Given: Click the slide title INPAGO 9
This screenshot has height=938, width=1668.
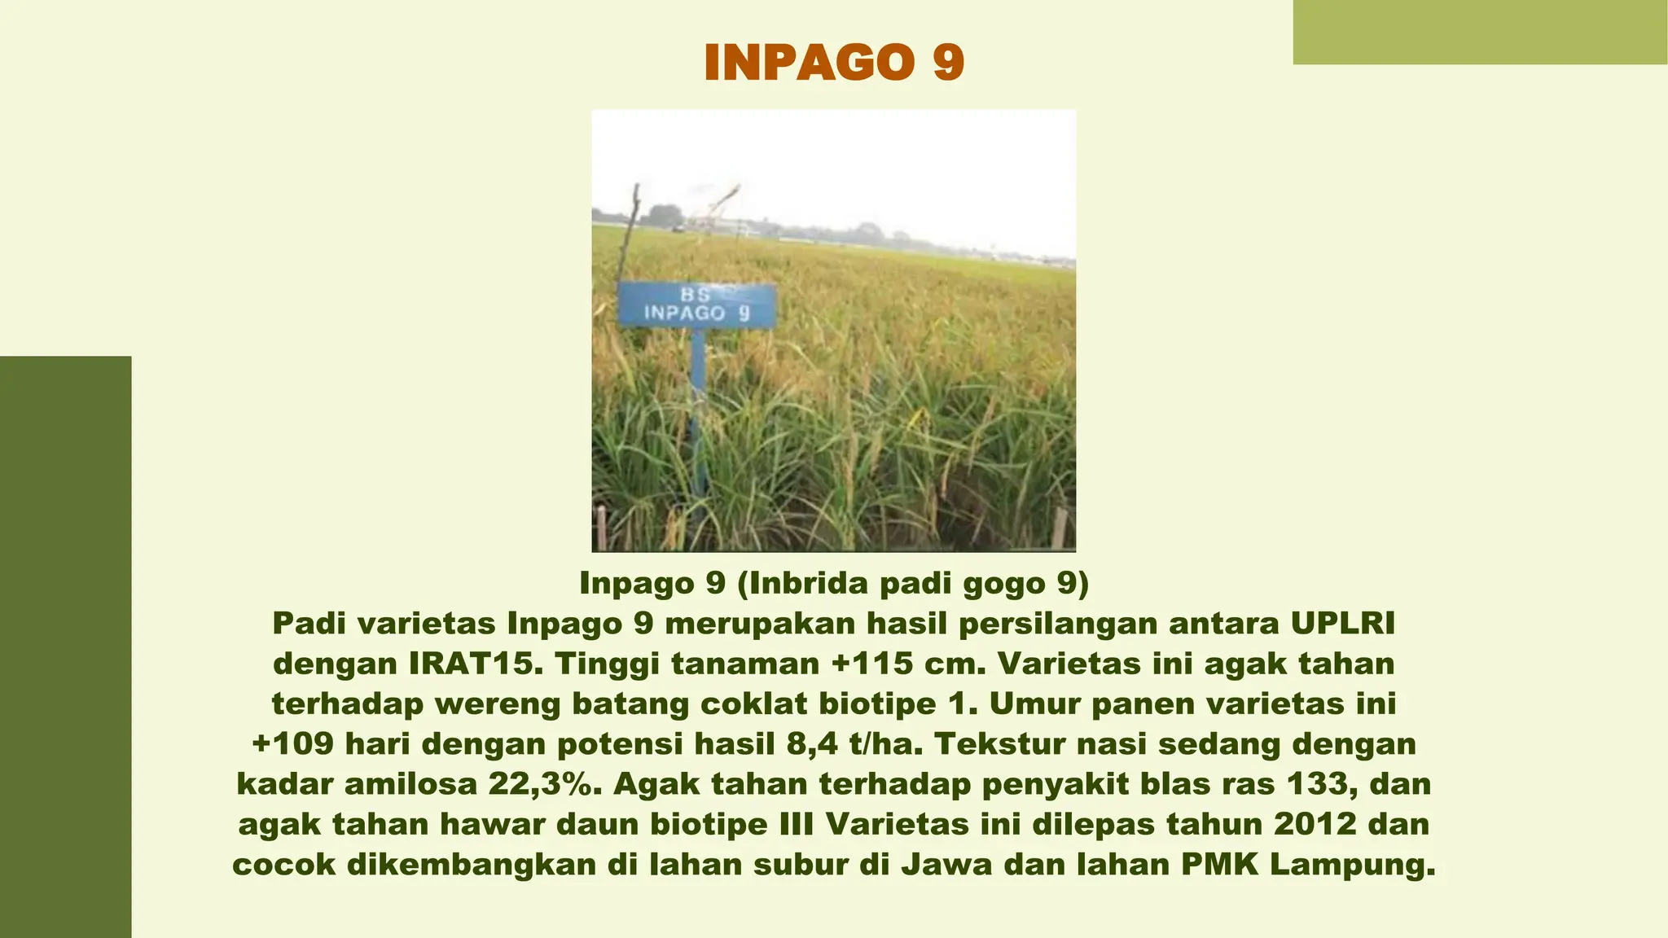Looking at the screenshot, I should [x=834, y=62].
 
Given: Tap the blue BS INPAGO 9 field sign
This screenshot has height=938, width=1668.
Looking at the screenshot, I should [x=696, y=305].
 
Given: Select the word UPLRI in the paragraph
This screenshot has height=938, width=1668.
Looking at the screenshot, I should [x=1343, y=624].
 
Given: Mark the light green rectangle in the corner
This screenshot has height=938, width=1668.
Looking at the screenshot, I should [x=1480, y=32].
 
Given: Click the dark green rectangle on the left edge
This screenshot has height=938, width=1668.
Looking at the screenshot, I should [x=65, y=647].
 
